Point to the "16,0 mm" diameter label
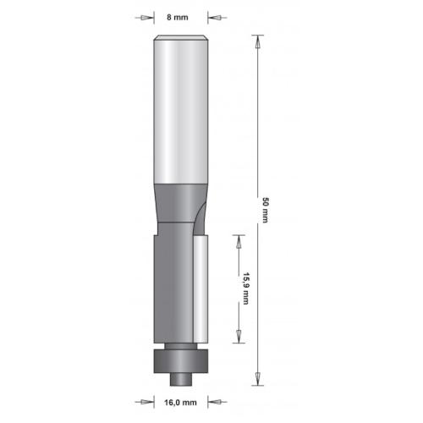click(182, 403)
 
